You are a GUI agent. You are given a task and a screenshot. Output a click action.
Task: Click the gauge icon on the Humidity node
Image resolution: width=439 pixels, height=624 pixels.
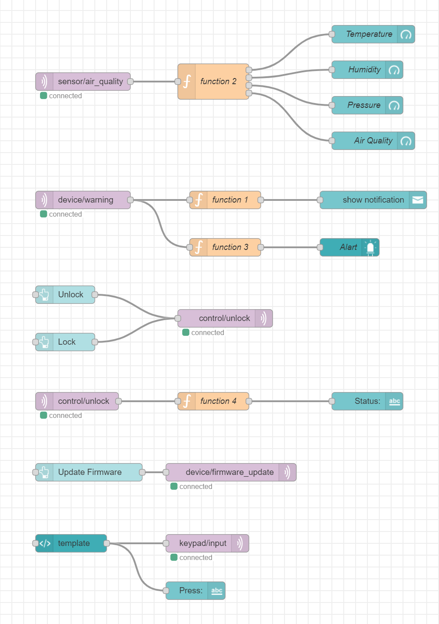click(x=394, y=70)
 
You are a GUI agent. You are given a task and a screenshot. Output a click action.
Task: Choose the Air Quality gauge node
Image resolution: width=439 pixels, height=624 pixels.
click(x=373, y=141)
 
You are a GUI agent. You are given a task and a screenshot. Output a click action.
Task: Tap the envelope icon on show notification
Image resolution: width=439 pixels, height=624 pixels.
click(x=417, y=200)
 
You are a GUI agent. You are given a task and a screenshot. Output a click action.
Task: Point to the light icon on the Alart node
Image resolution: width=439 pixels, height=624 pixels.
click(x=371, y=247)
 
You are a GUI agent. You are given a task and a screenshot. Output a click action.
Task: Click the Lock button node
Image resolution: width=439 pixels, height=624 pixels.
click(x=65, y=342)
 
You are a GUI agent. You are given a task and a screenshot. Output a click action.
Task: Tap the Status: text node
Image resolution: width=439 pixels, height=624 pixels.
click(x=367, y=401)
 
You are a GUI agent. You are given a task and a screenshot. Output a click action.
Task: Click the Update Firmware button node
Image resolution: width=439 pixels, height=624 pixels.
click(x=89, y=472)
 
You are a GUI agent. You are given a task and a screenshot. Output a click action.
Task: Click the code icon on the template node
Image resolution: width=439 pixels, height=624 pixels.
click(x=44, y=543)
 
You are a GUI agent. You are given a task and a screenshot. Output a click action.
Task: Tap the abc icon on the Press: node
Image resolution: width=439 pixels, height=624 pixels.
click(x=216, y=591)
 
